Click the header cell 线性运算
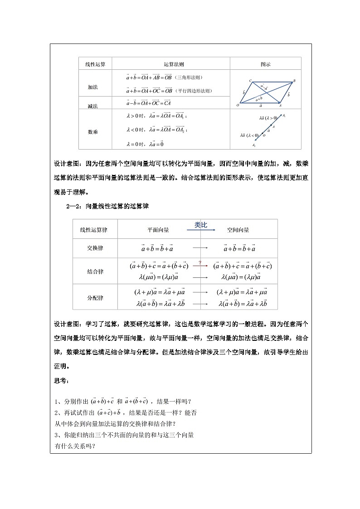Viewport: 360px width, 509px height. click(95, 64)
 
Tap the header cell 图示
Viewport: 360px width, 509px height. click(265, 64)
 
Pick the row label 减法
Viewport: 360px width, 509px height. click(93, 106)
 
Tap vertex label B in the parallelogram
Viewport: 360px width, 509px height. click(294, 81)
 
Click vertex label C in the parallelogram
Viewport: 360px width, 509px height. click(250, 81)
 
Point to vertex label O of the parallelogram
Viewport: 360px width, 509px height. click(238, 106)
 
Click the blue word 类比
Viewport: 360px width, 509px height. click(201, 225)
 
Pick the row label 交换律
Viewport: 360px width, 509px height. click(95, 248)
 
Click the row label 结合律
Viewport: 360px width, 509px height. click(95, 271)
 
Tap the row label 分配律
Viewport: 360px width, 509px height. click(95, 298)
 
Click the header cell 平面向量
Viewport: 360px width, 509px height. click(158, 230)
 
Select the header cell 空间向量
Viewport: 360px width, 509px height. click(238, 230)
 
